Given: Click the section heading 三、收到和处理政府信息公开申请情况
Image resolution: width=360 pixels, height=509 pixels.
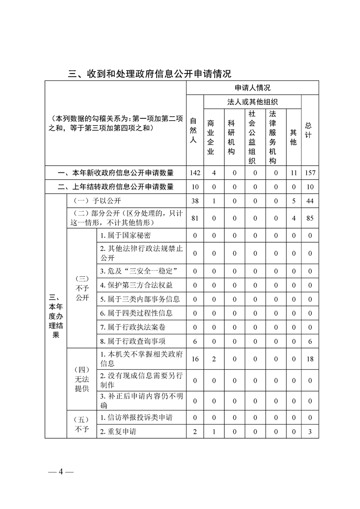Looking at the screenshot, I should click(149, 73).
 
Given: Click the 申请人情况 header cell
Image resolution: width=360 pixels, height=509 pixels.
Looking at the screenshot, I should click(252, 88).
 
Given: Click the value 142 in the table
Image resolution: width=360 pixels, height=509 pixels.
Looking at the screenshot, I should click(195, 173).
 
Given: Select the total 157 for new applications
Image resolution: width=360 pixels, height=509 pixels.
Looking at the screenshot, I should click(310, 173).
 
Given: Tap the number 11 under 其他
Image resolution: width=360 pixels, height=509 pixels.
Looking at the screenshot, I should click(293, 173).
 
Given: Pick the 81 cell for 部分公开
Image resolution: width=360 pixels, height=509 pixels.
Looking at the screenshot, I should click(195, 218).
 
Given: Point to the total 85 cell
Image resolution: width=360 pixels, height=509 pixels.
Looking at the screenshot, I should click(310, 218).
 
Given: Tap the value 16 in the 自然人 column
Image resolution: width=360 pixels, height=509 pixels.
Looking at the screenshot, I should click(195, 359).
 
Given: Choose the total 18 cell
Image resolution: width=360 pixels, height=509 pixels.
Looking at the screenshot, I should click(310, 359).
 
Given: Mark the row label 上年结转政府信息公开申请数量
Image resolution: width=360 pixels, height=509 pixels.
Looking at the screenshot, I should click(116, 186).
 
